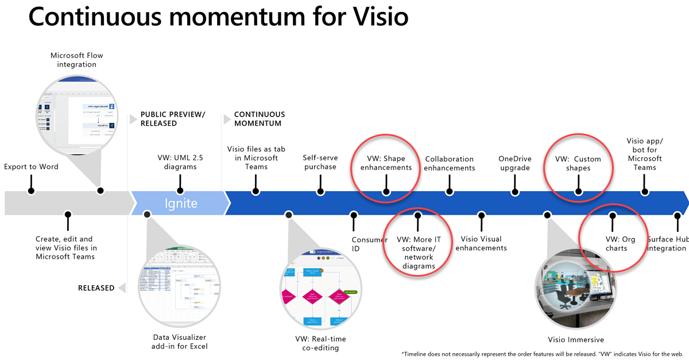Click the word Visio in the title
pos(376,16)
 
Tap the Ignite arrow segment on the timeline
pos(181,203)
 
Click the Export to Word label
pos(31,167)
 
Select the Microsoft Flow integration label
pos(76,60)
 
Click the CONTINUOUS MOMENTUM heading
pos(259,119)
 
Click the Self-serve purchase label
pos(320,162)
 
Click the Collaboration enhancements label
pos(450,164)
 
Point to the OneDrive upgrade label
pos(514,164)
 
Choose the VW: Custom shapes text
pos(578,164)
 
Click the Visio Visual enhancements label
pos(481,243)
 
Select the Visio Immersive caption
pos(575,340)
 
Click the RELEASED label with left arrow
pos(96,288)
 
